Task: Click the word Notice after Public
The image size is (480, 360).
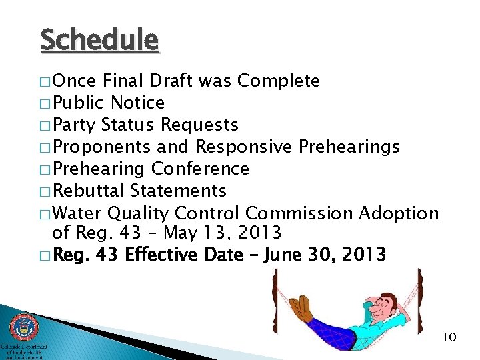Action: click(x=137, y=103)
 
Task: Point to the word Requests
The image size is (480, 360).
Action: click(x=200, y=125)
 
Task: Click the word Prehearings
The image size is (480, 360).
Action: click(x=349, y=147)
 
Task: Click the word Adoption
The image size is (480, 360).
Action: click(x=399, y=213)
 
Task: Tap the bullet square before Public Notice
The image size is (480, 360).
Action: click(x=45, y=104)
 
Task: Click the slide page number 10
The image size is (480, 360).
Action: click(x=449, y=337)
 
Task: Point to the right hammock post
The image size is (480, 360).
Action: click(x=419, y=300)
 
